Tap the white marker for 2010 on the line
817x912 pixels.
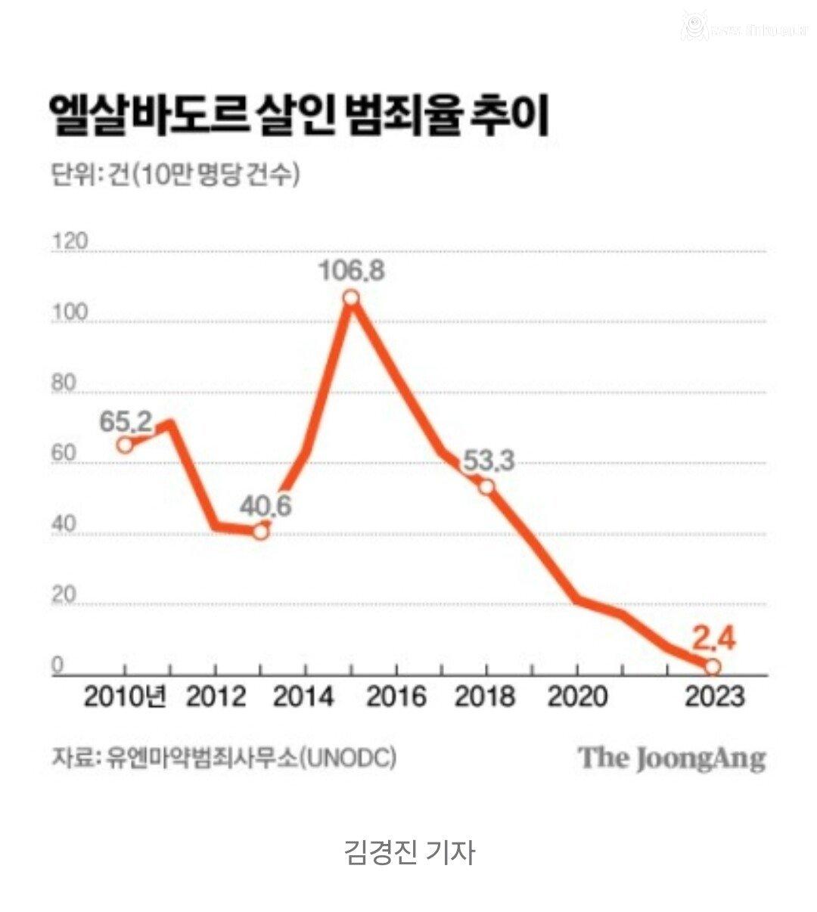click(x=125, y=445)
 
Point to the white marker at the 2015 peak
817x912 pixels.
click(x=351, y=298)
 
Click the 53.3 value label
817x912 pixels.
click(x=489, y=460)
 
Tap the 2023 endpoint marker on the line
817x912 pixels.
click(x=713, y=666)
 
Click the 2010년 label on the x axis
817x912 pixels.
click(x=125, y=696)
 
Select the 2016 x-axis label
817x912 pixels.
click(x=396, y=696)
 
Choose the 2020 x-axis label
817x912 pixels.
click(x=577, y=696)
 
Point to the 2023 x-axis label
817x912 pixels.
click(x=713, y=696)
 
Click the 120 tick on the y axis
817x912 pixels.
click(x=69, y=242)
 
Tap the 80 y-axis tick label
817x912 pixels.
click(x=64, y=383)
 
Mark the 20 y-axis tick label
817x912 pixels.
click(x=64, y=596)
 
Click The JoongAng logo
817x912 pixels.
click(x=673, y=757)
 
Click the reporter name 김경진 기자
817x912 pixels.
click(x=408, y=852)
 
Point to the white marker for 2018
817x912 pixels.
click(x=487, y=487)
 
